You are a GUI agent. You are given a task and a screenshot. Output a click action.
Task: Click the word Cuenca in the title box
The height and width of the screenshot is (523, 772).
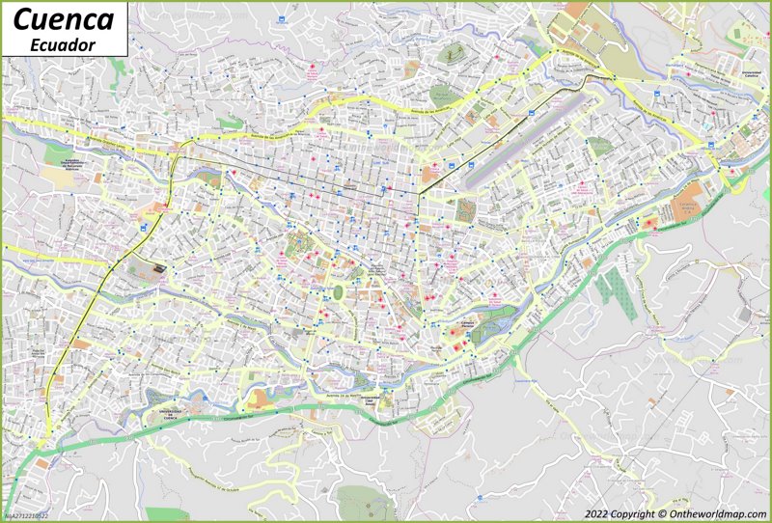(64, 18)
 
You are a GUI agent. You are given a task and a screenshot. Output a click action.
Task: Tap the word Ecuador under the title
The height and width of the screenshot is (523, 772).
(64, 44)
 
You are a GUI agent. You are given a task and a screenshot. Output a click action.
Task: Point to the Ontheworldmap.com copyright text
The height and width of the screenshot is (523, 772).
(675, 513)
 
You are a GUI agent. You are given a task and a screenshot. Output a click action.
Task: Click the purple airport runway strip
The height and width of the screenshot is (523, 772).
(526, 141)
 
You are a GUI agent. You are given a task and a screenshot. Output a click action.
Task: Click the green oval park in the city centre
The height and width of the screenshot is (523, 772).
(339, 290)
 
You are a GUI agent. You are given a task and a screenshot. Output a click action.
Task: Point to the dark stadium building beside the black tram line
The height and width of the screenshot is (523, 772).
(152, 271)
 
